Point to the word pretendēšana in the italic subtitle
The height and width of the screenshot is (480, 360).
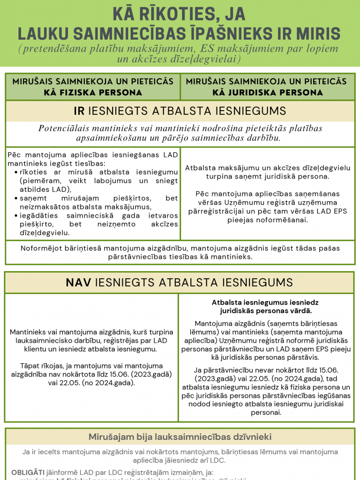coord(53,49)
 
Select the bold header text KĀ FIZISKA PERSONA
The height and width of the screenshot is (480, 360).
coord(93,93)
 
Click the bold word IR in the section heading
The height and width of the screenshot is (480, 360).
coord(79,111)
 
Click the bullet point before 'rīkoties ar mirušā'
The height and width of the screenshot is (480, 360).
coord(16,172)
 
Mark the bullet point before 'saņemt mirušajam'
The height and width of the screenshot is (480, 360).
coord(16,199)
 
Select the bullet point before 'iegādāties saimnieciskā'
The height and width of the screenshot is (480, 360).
coord(16,216)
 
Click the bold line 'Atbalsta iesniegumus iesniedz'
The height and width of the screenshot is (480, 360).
coord(265,303)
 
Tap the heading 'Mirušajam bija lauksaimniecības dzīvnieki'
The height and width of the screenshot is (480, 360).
coord(180,437)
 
